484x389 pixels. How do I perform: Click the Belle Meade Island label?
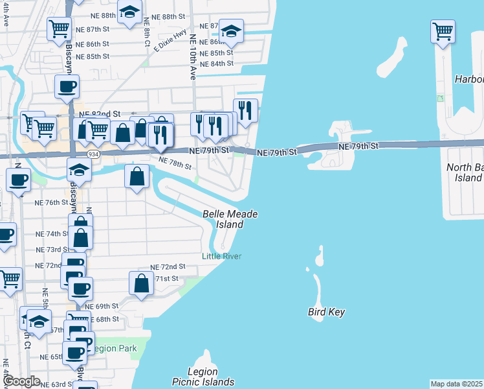230,219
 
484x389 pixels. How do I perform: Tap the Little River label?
221,256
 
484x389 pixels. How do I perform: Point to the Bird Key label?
325,312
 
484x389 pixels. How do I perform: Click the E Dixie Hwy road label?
170,41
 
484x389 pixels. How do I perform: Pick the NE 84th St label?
217,64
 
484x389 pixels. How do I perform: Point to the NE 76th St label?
52,202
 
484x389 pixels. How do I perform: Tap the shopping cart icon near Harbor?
443,31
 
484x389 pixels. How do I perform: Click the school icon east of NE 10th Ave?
231,31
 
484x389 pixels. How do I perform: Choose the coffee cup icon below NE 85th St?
66,87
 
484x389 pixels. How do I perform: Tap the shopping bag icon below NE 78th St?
137,176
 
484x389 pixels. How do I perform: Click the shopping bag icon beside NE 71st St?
141,283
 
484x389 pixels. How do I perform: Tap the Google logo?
22,381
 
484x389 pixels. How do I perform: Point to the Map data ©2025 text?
456,383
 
